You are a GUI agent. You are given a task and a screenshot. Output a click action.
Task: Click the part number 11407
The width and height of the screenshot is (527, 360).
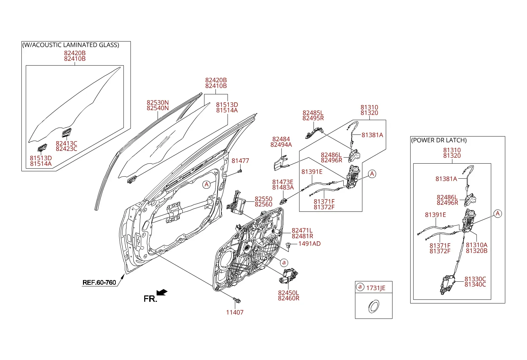(235, 312)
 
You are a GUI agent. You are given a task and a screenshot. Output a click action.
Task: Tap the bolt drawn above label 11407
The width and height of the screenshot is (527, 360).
(237, 300)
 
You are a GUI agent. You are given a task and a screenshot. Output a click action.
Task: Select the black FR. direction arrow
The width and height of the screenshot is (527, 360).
(162, 292)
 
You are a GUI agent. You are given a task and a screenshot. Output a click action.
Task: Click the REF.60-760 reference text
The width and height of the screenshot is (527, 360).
(99, 282)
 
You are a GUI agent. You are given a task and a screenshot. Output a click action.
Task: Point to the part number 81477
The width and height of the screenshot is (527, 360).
(240, 161)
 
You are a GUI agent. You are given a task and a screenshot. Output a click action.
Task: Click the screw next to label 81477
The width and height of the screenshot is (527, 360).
(240, 171)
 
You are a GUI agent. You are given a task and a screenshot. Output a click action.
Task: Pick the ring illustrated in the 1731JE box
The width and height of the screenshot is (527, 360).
(374, 306)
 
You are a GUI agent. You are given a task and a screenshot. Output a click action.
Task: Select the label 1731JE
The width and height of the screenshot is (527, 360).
(376, 288)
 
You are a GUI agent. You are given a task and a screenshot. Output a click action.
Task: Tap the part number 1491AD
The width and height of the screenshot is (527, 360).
(310, 244)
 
